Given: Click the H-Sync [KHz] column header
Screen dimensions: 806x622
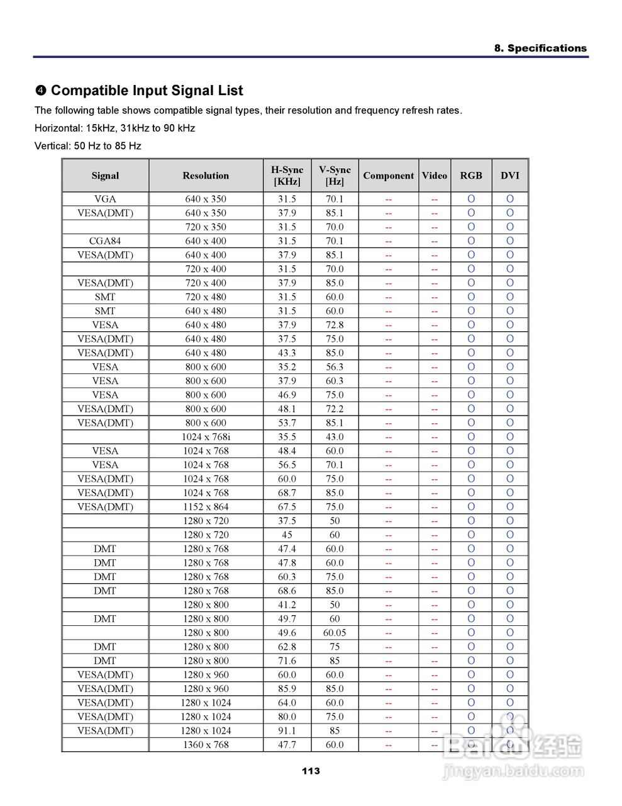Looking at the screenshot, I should [x=287, y=176].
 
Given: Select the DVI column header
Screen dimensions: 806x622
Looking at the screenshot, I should [x=509, y=176].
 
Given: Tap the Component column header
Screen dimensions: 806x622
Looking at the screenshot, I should [x=388, y=176].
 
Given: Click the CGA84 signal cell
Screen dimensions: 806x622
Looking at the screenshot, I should [x=105, y=241].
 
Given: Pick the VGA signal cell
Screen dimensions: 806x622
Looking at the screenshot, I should [x=105, y=199].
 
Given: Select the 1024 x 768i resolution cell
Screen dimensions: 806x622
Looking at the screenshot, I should [x=206, y=437].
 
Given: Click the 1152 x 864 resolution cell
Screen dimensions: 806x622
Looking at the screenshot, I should [x=206, y=507].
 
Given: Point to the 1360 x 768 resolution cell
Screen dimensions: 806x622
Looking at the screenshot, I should [x=206, y=745].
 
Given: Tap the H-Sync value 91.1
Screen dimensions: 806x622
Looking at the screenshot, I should [x=287, y=731].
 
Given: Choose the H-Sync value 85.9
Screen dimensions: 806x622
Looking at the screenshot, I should [x=287, y=689].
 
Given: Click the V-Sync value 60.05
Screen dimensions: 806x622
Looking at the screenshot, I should [x=335, y=633].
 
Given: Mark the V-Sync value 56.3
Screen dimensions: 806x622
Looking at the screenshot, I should [x=335, y=367].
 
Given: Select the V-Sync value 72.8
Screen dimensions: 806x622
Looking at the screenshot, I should [x=335, y=325].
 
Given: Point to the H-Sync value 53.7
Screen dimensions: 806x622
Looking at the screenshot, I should [x=287, y=423].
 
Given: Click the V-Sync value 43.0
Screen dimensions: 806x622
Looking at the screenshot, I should [x=335, y=437].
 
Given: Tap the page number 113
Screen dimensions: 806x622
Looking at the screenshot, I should [x=311, y=771].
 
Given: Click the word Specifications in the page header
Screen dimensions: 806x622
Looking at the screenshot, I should [x=547, y=48].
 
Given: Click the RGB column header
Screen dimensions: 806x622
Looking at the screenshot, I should [x=470, y=176].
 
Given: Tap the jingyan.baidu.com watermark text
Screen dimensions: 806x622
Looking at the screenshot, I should [x=513, y=771].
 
